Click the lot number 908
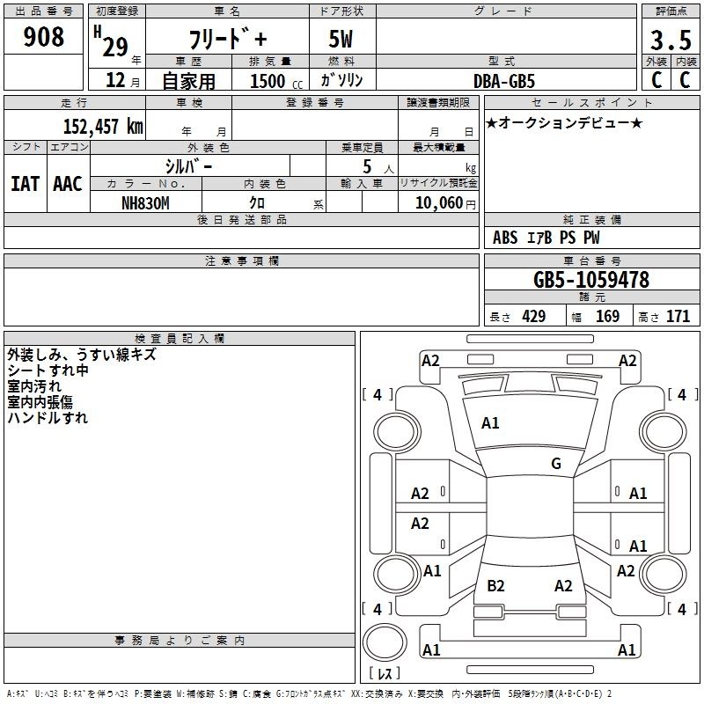click(43, 37)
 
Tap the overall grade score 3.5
click(671, 40)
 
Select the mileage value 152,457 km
click(103, 126)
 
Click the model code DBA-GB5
click(504, 81)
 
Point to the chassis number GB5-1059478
click(590, 280)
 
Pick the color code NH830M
click(145, 203)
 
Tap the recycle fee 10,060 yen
click(445, 203)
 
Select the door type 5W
click(341, 39)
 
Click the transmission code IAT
click(26, 184)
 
